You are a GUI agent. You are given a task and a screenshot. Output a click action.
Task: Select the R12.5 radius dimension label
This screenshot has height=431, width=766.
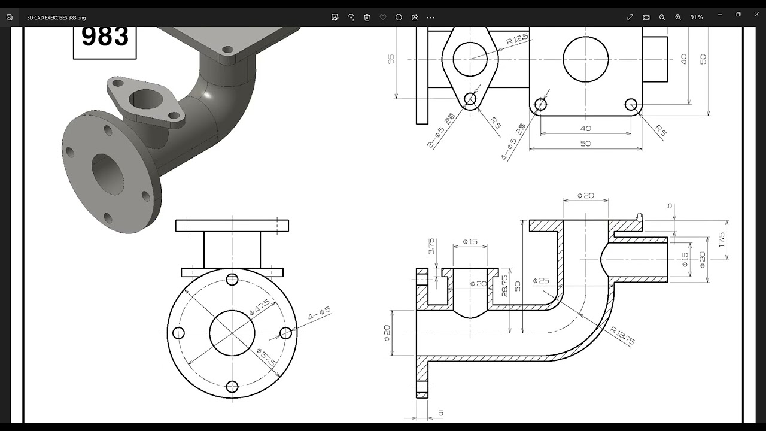pyautogui.click(x=517, y=40)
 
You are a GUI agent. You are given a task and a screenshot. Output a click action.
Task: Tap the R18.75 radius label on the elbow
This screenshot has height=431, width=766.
pyautogui.click(x=622, y=336)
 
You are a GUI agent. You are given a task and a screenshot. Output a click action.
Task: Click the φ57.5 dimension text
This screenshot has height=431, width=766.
pyautogui.click(x=266, y=357)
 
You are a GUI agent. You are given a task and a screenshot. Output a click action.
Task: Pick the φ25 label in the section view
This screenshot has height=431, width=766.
pyautogui.click(x=540, y=281)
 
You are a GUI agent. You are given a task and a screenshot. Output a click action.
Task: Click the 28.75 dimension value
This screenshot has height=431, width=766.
pyautogui.click(x=505, y=286)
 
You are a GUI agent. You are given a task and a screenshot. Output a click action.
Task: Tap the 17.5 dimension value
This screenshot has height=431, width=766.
pyautogui.click(x=722, y=240)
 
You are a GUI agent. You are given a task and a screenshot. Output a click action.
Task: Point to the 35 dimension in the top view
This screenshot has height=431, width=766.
pyautogui.click(x=391, y=59)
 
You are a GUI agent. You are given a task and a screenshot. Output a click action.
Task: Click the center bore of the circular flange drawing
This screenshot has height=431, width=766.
pyautogui.click(x=232, y=333)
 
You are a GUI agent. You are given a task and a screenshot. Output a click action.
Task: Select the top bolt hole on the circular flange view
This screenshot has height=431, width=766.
pyautogui.click(x=232, y=280)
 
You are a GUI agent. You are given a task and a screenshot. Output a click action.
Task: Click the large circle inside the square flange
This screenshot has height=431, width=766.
pyautogui.click(x=585, y=59)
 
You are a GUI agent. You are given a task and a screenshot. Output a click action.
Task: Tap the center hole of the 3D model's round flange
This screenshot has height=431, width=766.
pyautogui.click(x=108, y=173)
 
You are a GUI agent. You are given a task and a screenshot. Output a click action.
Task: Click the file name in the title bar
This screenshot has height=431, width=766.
pyautogui.click(x=56, y=17)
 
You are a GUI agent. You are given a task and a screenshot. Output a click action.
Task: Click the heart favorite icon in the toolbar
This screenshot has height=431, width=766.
pyautogui.click(x=383, y=17)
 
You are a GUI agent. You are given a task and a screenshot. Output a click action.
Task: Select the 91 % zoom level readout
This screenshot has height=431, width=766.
pyautogui.click(x=697, y=17)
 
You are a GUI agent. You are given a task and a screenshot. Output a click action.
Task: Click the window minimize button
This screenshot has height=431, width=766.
pyautogui.click(x=721, y=14)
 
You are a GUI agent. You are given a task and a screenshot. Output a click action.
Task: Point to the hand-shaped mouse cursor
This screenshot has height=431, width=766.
pyautogui.click(x=639, y=217)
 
